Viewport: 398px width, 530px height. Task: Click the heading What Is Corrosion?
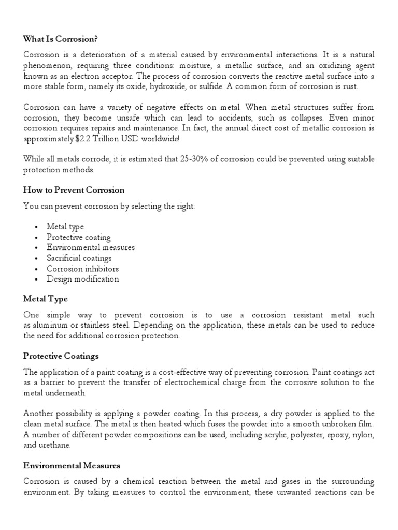coord(60,39)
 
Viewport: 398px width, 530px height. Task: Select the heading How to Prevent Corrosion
coord(74,190)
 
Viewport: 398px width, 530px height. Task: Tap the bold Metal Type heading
coord(46,299)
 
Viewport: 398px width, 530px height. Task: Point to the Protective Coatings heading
coord(61,356)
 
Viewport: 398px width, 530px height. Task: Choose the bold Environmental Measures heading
coord(72,466)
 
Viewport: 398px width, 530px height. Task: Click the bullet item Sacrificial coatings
coord(79,258)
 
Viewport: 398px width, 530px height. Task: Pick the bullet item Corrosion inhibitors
coord(82,269)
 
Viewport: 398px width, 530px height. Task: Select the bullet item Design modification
coord(82,279)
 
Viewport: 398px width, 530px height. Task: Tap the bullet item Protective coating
coord(78,237)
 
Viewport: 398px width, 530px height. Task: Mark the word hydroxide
coord(168,86)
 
